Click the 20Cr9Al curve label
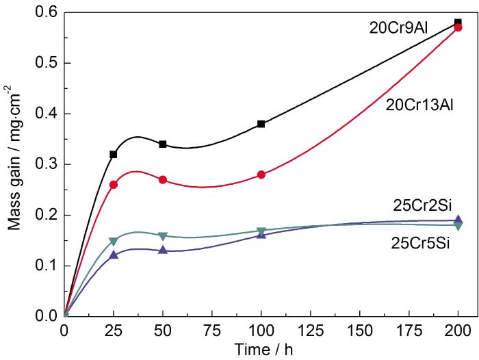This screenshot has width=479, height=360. point(397,27)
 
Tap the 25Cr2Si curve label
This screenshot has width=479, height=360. point(422,203)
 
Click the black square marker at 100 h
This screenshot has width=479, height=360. point(261,124)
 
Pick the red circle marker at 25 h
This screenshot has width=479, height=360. point(114,185)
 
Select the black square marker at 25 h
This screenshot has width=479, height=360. point(114,154)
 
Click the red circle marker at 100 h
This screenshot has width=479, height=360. point(261,175)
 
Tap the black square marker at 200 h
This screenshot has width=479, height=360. point(458,23)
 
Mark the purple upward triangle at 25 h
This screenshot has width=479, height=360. point(114,255)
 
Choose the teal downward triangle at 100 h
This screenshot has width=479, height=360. point(261,231)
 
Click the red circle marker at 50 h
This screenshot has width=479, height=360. point(163,179)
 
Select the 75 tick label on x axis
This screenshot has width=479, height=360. point(211,329)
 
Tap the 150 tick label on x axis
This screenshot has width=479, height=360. point(359,329)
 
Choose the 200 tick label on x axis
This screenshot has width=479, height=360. point(458,329)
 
